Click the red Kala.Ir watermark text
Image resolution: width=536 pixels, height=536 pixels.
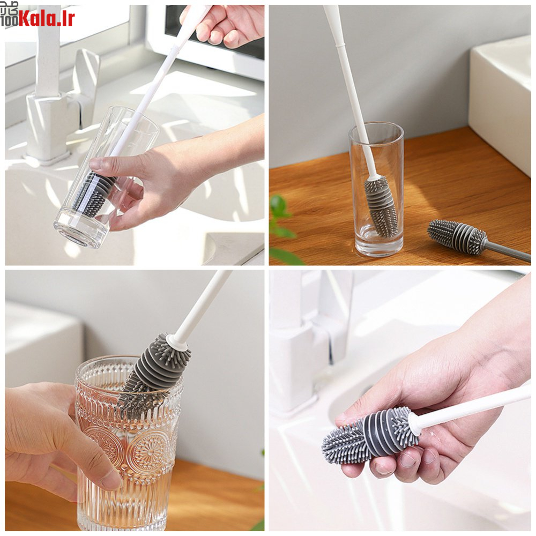coord(47,18)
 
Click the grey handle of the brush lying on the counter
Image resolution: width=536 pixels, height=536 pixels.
coord(509,251)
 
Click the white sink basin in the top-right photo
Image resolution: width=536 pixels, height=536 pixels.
coord(500,102)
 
